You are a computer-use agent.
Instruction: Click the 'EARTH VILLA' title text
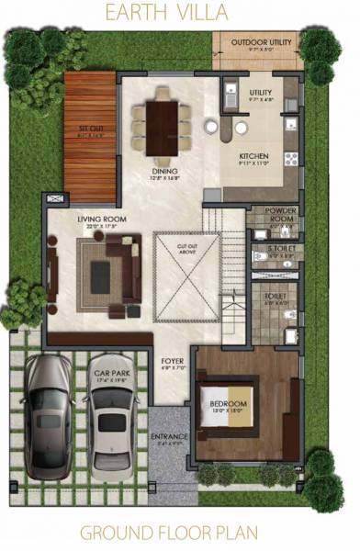(x=180, y=13)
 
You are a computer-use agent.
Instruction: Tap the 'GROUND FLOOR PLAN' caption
(x=180, y=532)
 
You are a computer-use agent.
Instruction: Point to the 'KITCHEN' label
(x=253, y=157)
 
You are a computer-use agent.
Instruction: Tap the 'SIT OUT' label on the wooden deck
(x=90, y=130)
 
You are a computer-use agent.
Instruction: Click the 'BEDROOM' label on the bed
(x=228, y=404)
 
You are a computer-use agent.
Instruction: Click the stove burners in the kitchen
(x=290, y=157)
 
